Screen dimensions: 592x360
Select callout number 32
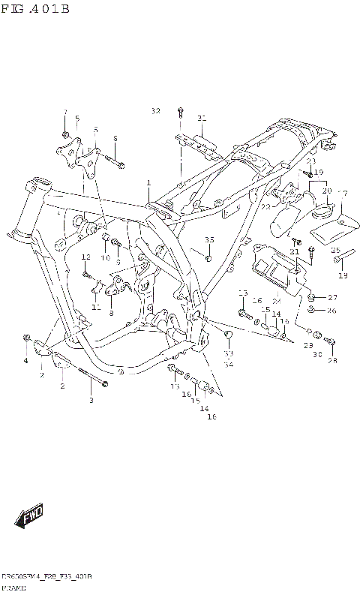coord(155,111)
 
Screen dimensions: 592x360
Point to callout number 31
coord(201,118)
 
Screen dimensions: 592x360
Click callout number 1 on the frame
coord(148,182)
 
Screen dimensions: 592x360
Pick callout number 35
coord(209,240)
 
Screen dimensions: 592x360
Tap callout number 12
coord(85,257)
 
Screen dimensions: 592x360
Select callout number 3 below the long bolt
coord(91,401)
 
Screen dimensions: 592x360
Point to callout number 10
coord(105,258)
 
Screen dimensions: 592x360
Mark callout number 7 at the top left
coord(65,113)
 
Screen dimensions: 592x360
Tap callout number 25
coord(335,251)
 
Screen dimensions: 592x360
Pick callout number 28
coord(332,361)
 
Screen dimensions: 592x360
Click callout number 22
coord(265,207)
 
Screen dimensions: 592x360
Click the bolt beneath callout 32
coord(181,113)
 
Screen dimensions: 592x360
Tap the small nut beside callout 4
coord(27,338)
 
